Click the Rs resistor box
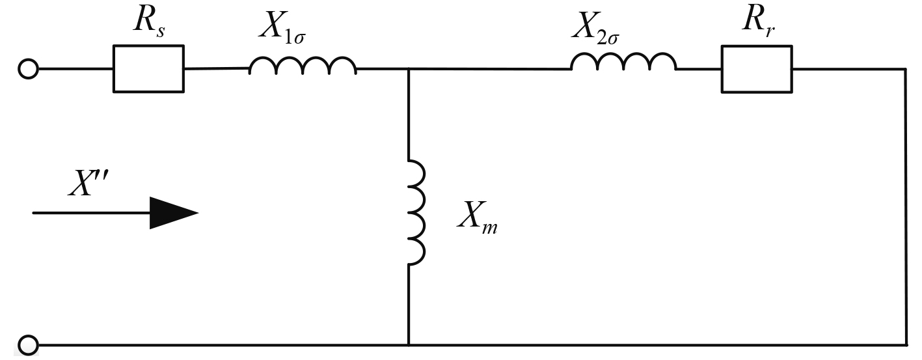pyautogui.click(x=148, y=68)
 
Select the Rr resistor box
pyautogui.click(x=756, y=68)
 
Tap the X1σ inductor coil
pyautogui.click(x=303, y=66)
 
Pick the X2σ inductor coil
pyautogui.click(x=623, y=64)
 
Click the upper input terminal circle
pyautogui.click(x=29, y=68)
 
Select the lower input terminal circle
pyautogui.click(x=29, y=344)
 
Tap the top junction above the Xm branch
pyautogui.click(x=409, y=68)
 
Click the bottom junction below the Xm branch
pyautogui.click(x=409, y=344)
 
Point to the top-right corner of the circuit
pyautogui.click(x=905, y=68)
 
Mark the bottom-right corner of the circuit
pyautogui.click(x=905, y=344)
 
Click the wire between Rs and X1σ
pyautogui.click(x=216, y=68)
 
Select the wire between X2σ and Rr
pyautogui.click(x=699, y=68)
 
